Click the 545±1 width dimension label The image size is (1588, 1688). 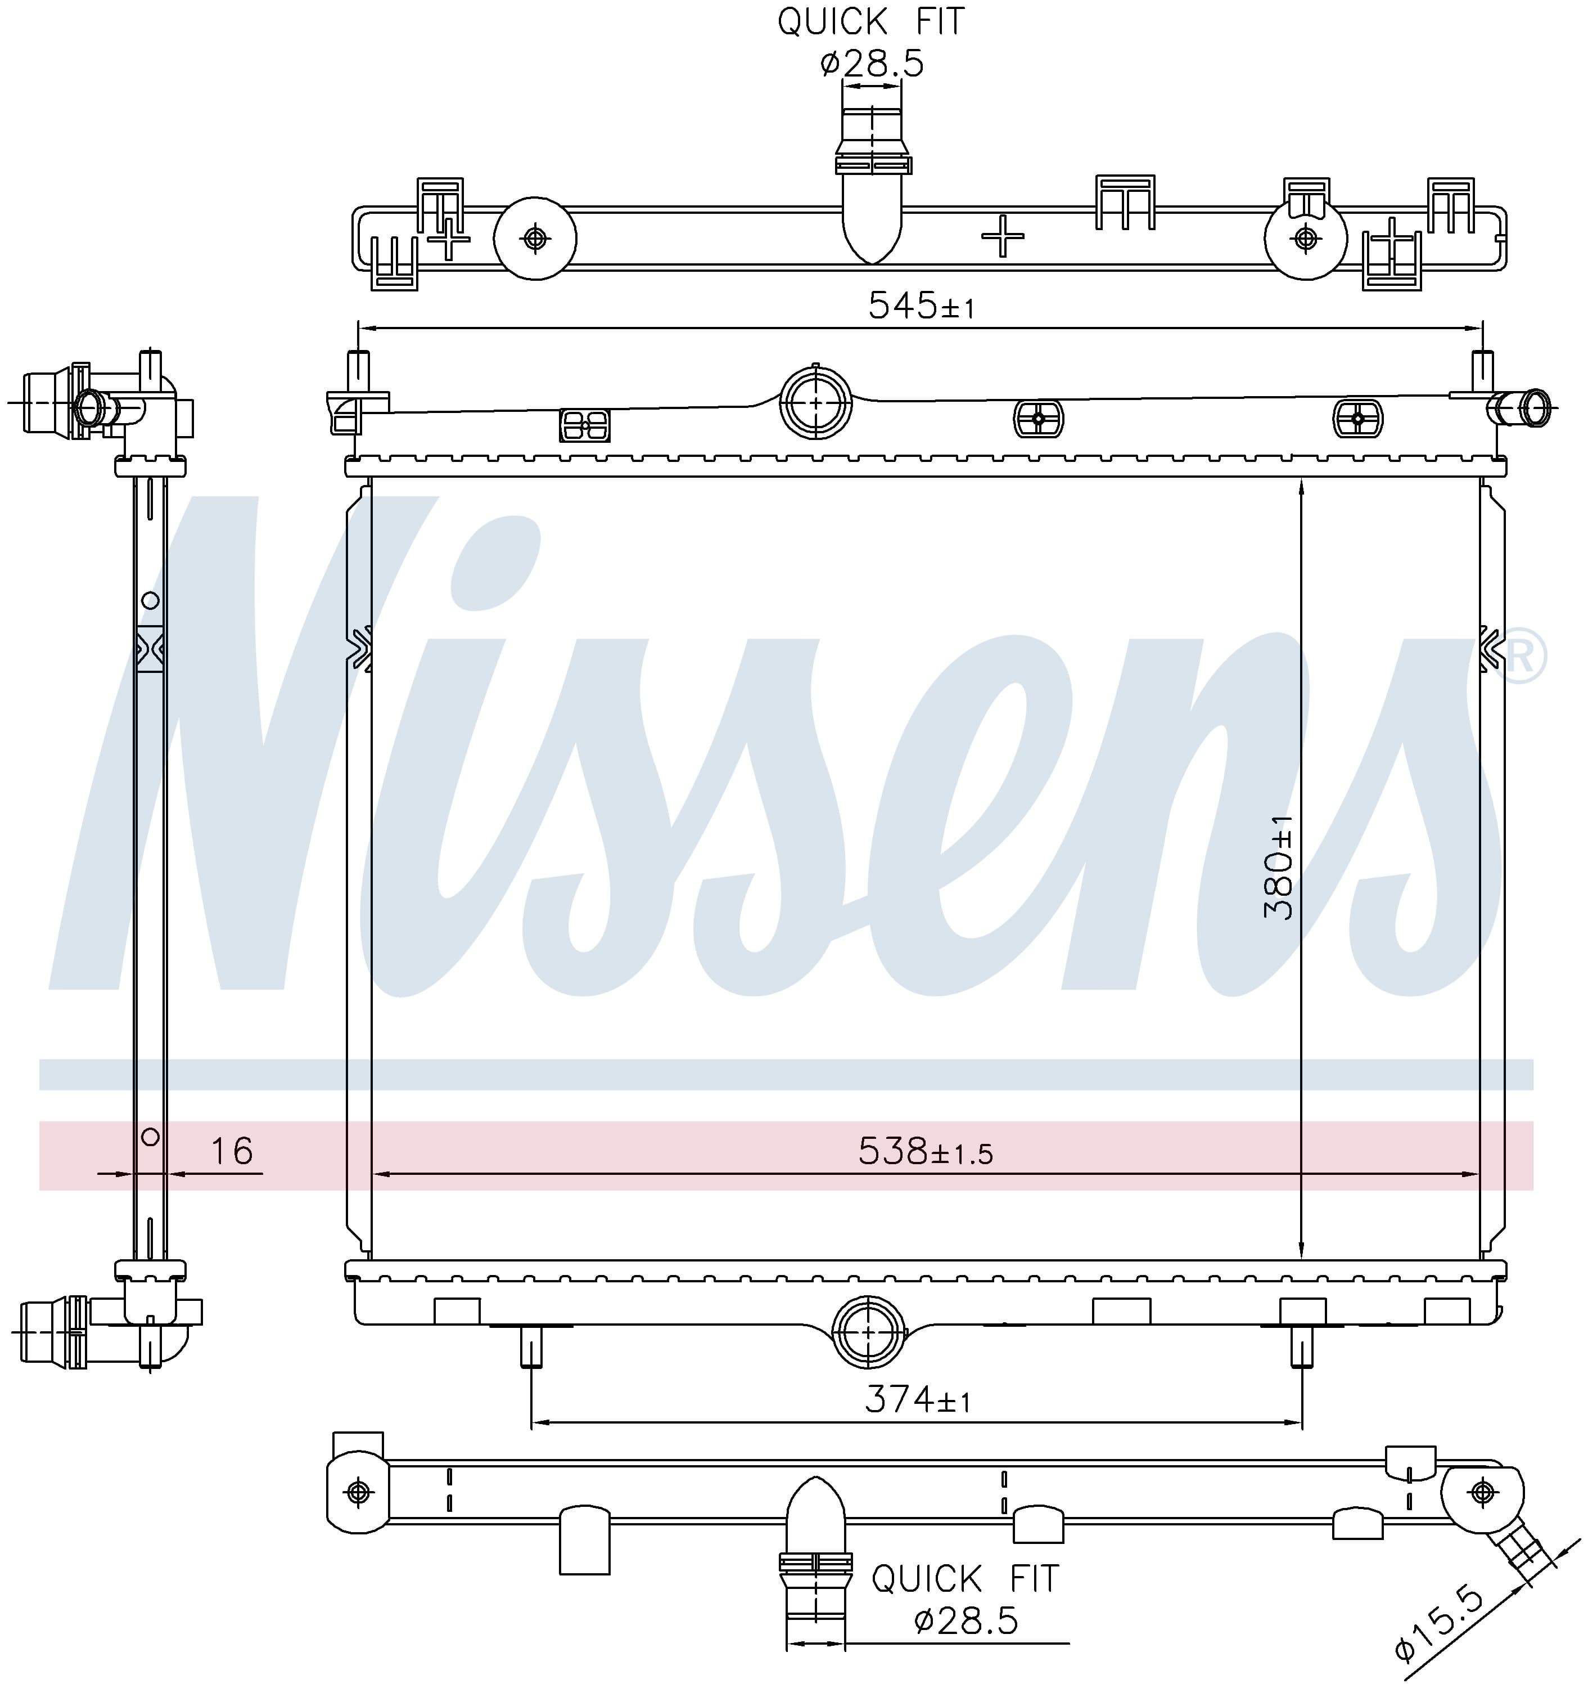(x=921, y=305)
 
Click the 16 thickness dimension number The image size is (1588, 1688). (x=232, y=1151)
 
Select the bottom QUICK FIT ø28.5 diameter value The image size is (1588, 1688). (x=966, y=1621)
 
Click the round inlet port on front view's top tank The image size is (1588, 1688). (x=815, y=402)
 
